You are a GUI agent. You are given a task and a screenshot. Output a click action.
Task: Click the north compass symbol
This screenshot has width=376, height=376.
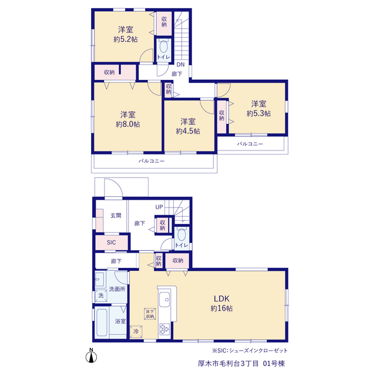[x=91, y=355]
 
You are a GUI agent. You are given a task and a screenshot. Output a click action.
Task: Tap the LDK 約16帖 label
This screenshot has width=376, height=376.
[x=221, y=303]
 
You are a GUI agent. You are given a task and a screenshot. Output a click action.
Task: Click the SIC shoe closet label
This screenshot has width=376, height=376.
[x=111, y=243]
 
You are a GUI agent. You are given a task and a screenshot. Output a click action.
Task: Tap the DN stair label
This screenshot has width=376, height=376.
[x=180, y=65]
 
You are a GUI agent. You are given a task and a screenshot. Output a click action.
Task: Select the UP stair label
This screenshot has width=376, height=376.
[x=159, y=207]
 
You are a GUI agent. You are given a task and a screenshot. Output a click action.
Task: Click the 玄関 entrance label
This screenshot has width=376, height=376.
[x=116, y=216]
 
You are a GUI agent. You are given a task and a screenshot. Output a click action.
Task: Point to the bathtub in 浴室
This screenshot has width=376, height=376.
[x=102, y=323]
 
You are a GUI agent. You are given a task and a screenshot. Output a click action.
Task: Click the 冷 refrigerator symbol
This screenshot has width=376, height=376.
[x=136, y=331]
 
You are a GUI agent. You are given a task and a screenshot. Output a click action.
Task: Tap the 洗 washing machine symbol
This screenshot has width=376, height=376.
[x=101, y=296]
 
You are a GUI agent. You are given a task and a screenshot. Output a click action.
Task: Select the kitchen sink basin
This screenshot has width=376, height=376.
[x=164, y=299]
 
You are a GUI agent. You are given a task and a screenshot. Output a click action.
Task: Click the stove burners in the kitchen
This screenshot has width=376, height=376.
[x=164, y=329]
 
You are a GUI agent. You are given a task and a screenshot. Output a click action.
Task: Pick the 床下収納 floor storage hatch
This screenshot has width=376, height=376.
[x=150, y=314]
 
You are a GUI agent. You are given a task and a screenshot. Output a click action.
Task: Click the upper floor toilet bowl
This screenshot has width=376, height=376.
[x=164, y=46]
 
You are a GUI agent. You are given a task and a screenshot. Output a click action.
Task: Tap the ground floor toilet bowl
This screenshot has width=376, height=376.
[x=182, y=235]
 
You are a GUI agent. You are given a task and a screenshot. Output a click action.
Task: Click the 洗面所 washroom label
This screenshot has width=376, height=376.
[x=117, y=289]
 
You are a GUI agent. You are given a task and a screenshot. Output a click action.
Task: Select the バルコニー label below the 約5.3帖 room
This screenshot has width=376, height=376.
[x=250, y=144]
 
